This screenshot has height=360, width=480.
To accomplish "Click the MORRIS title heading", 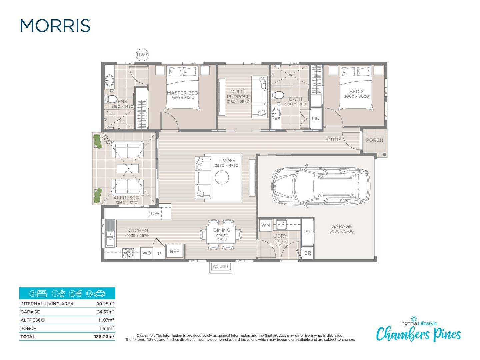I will tap(55, 26).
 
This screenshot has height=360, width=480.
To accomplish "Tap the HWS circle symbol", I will tap(142, 55).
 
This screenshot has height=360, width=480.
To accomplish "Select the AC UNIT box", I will tap(221, 267).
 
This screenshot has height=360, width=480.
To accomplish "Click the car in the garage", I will tap(321, 186).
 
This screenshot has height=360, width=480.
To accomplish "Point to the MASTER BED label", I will tap(182, 93).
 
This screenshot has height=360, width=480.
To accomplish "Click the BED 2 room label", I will tap(356, 91).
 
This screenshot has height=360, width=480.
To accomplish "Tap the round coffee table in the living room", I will tap(222, 177).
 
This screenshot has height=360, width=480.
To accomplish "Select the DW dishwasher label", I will tap(155, 213).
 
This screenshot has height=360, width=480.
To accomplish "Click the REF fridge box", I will tap(175, 252).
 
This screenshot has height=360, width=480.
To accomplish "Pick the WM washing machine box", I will tap(266, 225).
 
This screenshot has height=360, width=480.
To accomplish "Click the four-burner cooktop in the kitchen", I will tap(128, 253).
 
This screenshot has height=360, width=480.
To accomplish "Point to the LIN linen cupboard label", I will tap(316, 119).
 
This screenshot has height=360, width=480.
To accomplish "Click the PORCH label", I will tap(374, 140).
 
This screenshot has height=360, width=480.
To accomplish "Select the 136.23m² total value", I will tap(104, 337).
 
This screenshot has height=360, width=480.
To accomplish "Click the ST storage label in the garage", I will tap(308, 232).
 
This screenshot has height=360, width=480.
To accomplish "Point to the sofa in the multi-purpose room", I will tap(259, 97).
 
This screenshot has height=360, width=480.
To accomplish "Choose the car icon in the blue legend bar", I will tap(100, 294).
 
